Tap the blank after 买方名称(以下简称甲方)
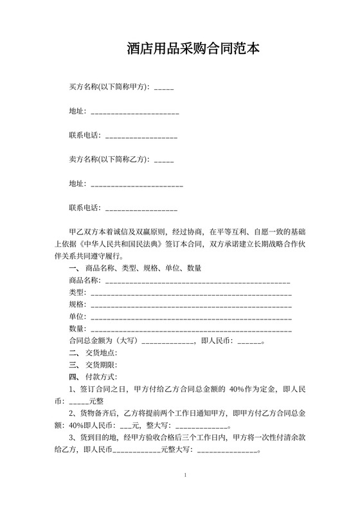click(x=164, y=87)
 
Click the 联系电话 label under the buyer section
click(x=84, y=136)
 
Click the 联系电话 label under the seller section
click(x=84, y=208)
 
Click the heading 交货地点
click(x=101, y=353)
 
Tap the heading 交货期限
click(x=101, y=365)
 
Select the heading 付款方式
click(x=101, y=377)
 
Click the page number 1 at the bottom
click(x=184, y=476)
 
